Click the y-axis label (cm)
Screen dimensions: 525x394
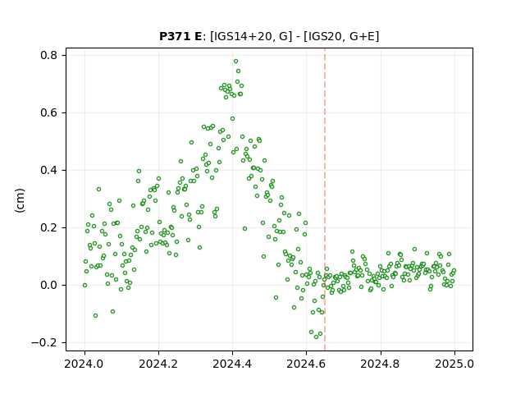tap(20, 200)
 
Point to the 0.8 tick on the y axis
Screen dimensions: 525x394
tap(49, 55)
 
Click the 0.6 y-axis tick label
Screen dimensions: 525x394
tap(49, 113)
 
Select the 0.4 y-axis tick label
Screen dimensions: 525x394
tap(49, 170)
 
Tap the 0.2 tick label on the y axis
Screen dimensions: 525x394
tap(49, 228)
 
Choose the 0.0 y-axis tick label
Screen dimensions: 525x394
tap(49, 285)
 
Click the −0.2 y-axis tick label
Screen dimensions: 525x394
tap(44, 343)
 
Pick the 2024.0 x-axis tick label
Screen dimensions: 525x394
tap(84, 364)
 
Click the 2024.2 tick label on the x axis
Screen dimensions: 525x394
tap(158, 364)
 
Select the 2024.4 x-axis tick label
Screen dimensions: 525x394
tap(232, 364)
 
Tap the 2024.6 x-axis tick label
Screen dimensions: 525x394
tap(306, 364)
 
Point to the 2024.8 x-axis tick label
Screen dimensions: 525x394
tap(381, 364)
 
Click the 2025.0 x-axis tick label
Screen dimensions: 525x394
tap(454, 364)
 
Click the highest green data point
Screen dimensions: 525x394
tap(235, 62)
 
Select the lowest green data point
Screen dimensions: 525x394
tap(316, 337)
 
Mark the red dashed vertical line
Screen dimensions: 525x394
tap(325, 199)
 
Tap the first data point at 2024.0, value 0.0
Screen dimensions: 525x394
tap(84, 285)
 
